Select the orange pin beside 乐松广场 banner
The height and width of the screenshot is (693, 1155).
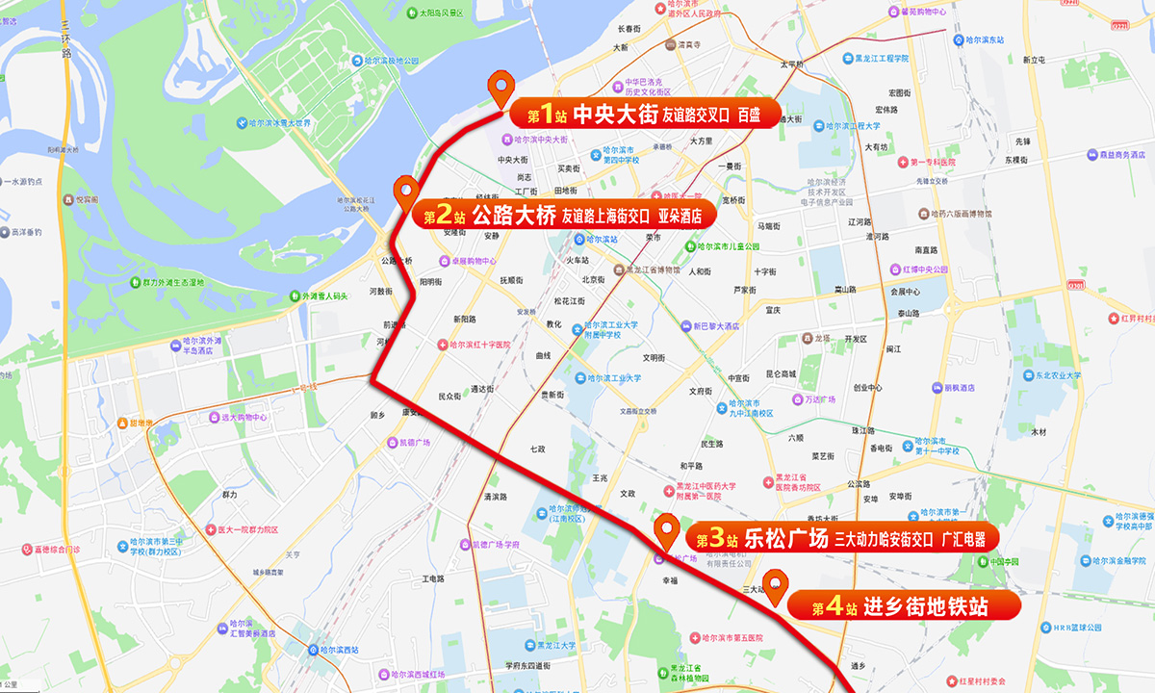tap(666, 528)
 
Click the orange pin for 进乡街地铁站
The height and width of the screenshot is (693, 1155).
tap(776, 583)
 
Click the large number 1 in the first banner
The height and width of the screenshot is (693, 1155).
tap(547, 115)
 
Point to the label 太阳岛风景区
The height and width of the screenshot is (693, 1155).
tap(441, 13)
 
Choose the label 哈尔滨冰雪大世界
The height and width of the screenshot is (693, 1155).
tap(279, 123)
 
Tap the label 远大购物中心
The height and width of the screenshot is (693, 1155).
tap(244, 418)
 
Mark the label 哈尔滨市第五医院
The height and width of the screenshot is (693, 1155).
tap(736, 637)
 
